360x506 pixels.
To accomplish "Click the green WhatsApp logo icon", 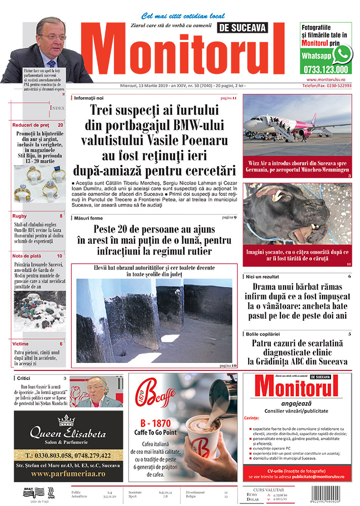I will tap(343, 53).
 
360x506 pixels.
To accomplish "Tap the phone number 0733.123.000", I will tap(326, 70).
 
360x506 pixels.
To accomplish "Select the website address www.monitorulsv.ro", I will tap(330, 80).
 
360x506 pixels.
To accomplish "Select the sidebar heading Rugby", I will tap(20, 216).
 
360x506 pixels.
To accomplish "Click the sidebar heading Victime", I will tap(21, 344).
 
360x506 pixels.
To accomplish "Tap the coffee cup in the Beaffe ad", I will tap(202, 436).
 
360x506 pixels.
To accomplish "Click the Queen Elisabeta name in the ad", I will tap(68, 434).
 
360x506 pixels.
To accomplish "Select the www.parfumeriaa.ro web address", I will tap(68, 474).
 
